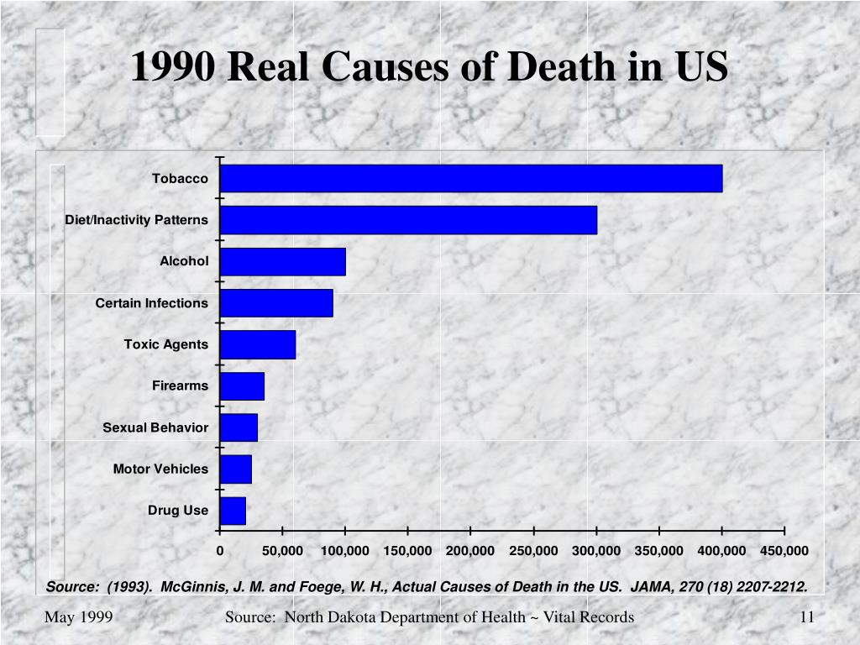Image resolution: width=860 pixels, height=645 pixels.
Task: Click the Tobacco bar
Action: [x=470, y=178]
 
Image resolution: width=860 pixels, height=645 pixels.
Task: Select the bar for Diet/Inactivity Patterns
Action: [x=408, y=220]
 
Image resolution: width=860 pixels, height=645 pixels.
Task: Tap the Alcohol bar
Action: [x=282, y=261]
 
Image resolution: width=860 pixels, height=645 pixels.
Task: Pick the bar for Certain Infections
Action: [x=276, y=303]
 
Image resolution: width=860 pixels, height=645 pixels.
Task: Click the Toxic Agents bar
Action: [x=258, y=344]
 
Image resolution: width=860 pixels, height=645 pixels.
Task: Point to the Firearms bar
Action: [x=242, y=385]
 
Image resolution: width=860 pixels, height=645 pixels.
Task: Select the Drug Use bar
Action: [x=233, y=511]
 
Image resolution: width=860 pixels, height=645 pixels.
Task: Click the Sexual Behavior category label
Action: [x=155, y=427]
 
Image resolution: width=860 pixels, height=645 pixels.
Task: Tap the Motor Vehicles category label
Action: [x=160, y=469]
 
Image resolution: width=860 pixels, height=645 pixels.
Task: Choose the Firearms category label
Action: [x=180, y=385]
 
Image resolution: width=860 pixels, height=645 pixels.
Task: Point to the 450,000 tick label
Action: [x=784, y=551]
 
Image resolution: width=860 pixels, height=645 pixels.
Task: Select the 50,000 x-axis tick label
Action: [x=282, y=551]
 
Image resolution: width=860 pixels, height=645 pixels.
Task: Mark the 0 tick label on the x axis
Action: [x=220, y=551]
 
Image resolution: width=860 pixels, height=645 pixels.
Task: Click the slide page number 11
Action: [x=807, y=617]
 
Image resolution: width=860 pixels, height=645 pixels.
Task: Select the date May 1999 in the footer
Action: [x=79, y=617]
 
